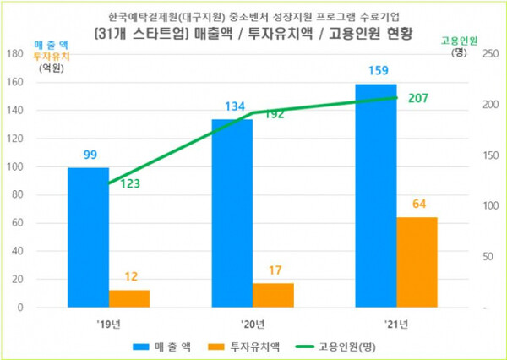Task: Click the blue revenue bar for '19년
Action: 88,237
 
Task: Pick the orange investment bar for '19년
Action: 129,298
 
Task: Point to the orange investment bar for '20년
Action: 273,295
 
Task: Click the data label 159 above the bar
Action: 376,68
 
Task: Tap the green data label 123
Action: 130,184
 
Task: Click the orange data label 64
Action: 417,204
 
